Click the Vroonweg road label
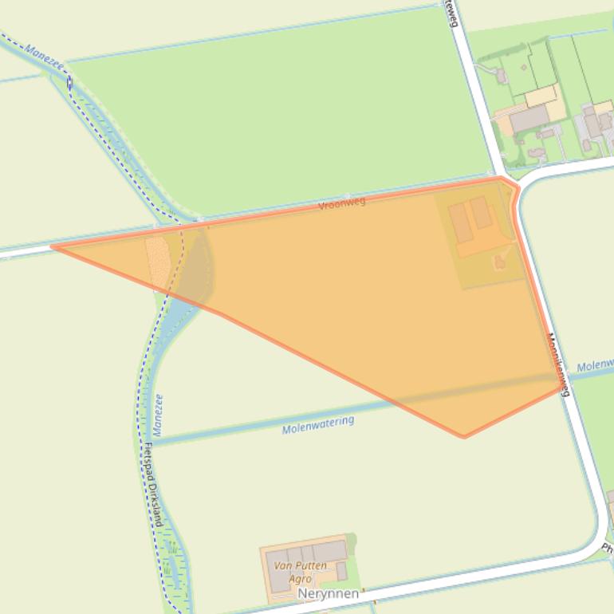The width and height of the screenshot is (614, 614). tap(341, 204)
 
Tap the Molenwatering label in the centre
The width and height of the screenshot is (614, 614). tap(317, 425)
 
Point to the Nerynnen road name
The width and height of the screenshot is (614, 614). tap(329, 594)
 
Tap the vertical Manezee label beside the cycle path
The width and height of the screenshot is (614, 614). tap(158, 415)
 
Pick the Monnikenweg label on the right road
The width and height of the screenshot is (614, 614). tap(557, 364)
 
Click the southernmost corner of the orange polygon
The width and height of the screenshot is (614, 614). tap(463, 436)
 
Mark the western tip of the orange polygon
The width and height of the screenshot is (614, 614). tap(53, 246)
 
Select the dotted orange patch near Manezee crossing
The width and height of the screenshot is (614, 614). tap(157, 259)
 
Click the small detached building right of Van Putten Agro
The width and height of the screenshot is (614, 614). tap(341, 571)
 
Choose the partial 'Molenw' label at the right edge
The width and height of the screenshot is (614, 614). tap(594, 365)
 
